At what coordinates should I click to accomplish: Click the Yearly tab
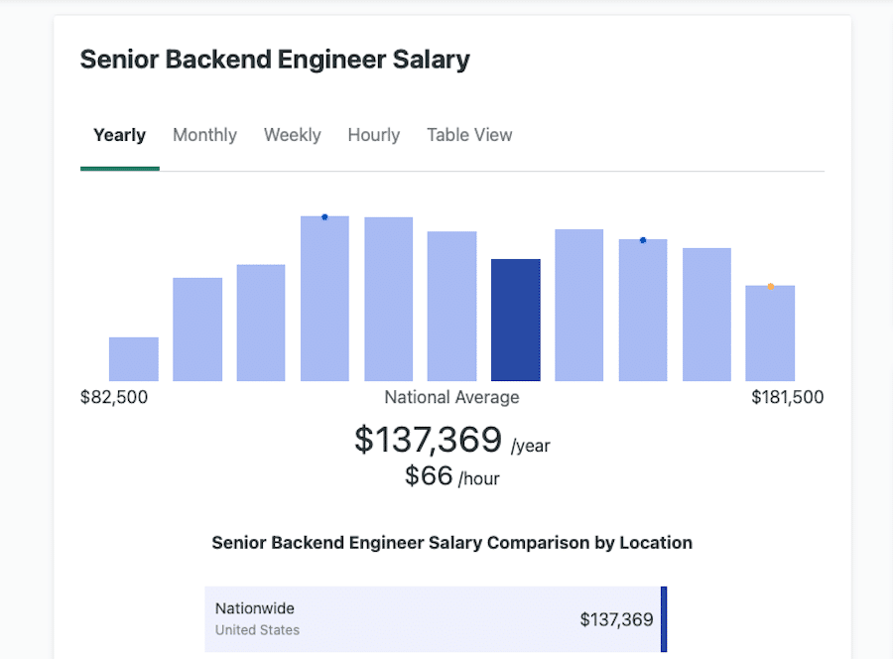(x=119, y=135)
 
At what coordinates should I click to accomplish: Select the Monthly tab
(x=204, y=135)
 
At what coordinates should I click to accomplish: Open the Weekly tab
(x=292, y=135)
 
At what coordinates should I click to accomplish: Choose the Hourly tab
(x=373, y=135)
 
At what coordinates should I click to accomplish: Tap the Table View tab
(x=469, y=135)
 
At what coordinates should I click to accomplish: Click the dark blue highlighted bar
(x=516, y=320)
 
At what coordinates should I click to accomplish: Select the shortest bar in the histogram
(x=134, y=359)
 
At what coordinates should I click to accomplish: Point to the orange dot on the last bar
(x=770, y=287)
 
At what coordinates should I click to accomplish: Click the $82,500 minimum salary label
(x=114, y=397)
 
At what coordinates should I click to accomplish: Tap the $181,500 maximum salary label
(x=787, y=397)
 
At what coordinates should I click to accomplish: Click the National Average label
(x=451, y=397)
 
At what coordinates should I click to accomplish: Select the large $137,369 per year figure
(x=428, y=440)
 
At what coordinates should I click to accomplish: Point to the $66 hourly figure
(x=429, y=476)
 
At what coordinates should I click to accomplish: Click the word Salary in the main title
(x=429, y=60)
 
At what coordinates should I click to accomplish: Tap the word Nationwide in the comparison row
(x=254, y=608)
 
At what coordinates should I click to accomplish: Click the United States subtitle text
(x=257, y=630)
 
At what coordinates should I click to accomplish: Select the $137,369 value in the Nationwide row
(x=616, y=619)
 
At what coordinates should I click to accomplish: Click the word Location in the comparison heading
(x=656, y=543)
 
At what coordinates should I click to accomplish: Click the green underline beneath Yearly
(x=119, y=169)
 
